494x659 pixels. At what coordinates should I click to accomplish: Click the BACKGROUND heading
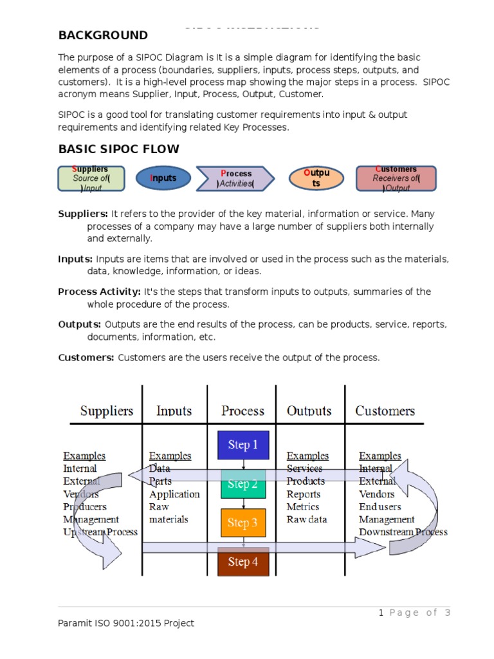click(x=103, y=35)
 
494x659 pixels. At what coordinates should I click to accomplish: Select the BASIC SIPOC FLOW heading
click(x=119, y=149)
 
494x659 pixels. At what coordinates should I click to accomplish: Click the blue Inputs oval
click(x=163, y=178)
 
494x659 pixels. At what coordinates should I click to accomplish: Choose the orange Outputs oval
click(x=316, y=178)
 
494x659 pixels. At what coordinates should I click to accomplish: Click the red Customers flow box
click(x=396, y=178)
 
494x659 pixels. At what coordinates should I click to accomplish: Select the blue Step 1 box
click(x=243, y=445)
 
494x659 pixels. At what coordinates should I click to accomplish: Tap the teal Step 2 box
click(x=243, y=484)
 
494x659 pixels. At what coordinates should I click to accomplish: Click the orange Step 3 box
click(x=243, y=523)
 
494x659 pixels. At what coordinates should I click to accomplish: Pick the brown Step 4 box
click(x=243, y=562)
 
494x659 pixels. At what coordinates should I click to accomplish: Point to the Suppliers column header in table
click(x=107, y=411)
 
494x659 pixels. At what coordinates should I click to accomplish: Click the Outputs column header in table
click(x=309, y=411)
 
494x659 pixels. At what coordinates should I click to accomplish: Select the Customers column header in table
click(x=385, y=411)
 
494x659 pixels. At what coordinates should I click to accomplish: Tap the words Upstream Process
click(x=100, y=532)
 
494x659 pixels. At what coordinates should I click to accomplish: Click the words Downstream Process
click(x=403, y=532)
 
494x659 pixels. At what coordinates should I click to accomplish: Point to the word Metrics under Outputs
click(x=303, y=506)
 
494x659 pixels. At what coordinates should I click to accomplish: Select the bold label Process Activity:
click(x=99, y=292)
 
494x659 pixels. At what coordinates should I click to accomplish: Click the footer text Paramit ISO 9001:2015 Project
click(x=125, y=622)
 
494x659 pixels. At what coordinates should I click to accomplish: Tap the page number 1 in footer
click(x=381, y=613)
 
